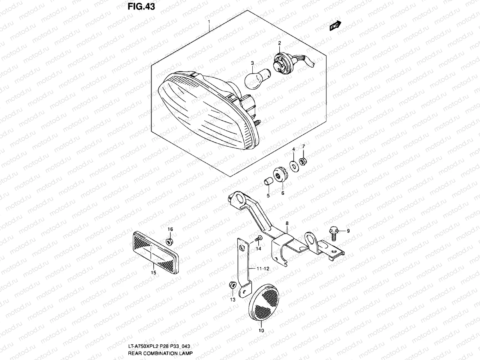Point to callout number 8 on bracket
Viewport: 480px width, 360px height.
pyautogui.click(x=287, y=223)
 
